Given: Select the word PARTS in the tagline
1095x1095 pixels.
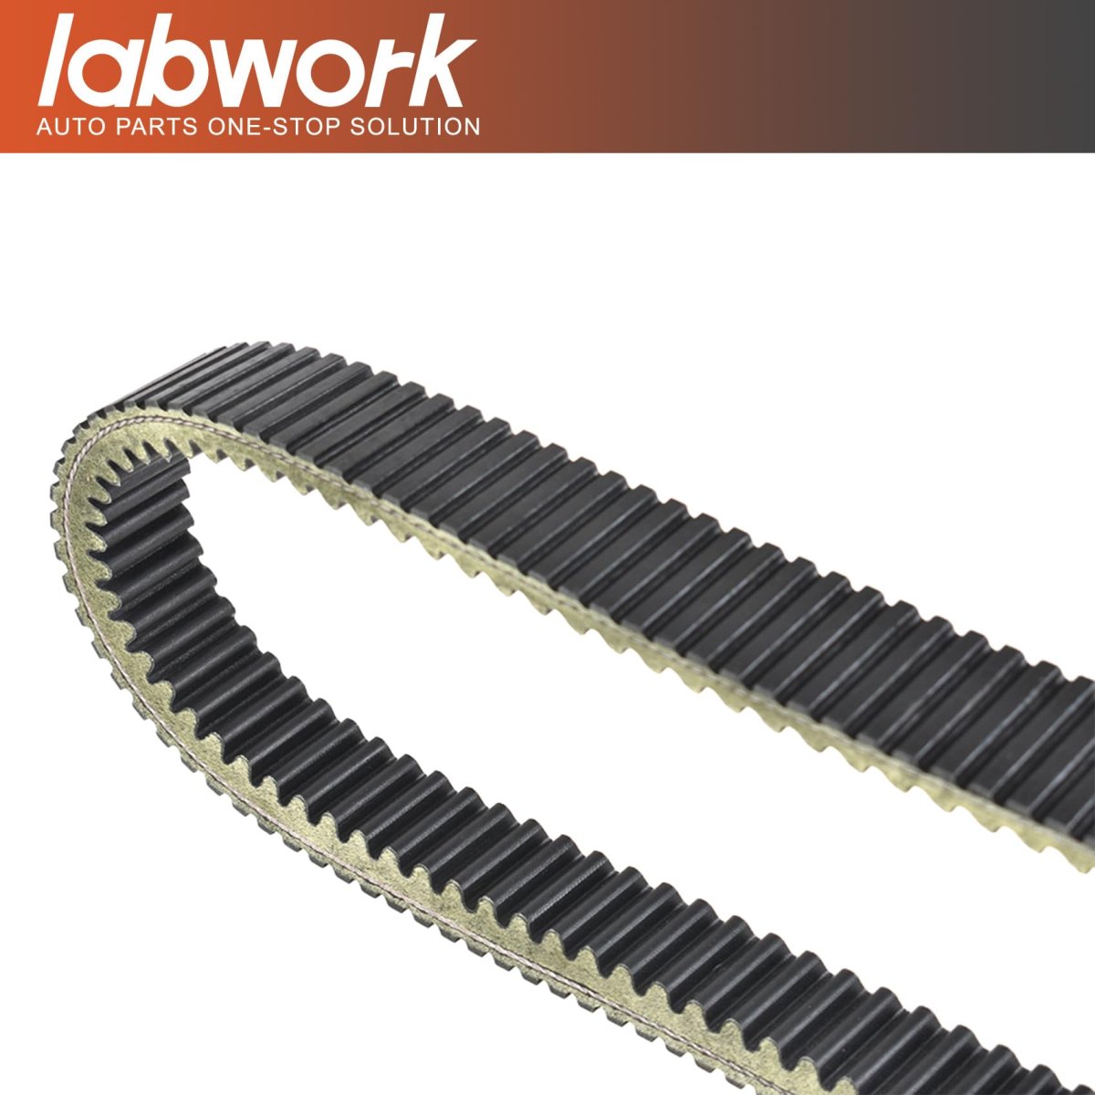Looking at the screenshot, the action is pos(157,126).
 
